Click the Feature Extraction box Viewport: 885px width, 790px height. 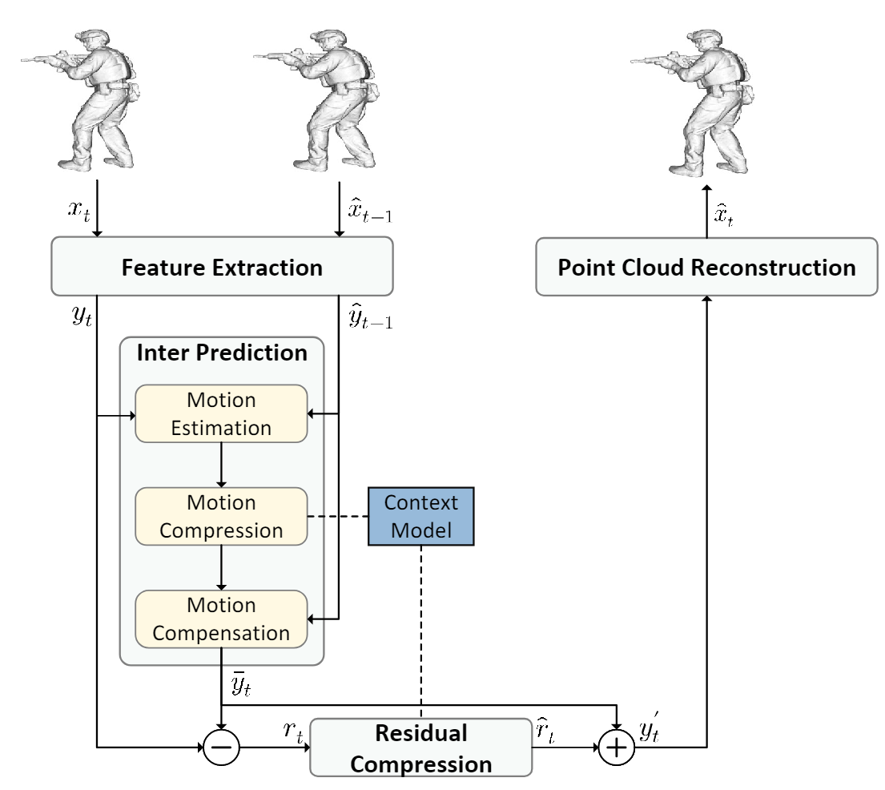(222, 267)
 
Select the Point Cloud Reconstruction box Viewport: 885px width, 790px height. (706, 267)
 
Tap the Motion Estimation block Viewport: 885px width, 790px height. (222, 413)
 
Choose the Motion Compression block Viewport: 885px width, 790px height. (222, 517)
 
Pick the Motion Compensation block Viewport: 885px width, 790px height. (222, 619)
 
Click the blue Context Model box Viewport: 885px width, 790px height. (421, 517)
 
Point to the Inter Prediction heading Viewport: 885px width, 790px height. (221, 353)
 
